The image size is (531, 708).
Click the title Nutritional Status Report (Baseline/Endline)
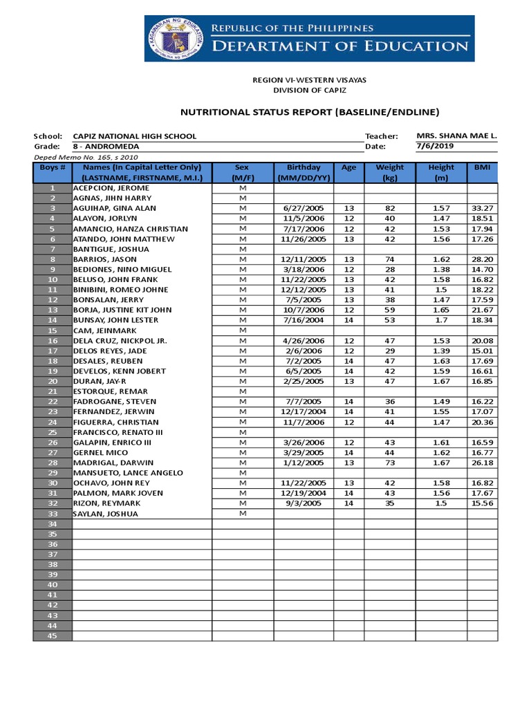click(x=309, y=112)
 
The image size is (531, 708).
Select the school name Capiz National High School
click(x=135, y=136)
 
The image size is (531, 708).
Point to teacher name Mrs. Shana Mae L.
click(x=457, y=136)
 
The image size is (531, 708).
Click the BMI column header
click(x=482, y=167)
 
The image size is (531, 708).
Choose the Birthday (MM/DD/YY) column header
click(x=304, y=172)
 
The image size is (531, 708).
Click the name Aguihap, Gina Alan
click(x=115, y=208)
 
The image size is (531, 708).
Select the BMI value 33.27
click(x=482, y=208)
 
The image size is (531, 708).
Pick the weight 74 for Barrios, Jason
click(x=389, y=259)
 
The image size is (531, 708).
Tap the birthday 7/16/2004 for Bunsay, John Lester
click(x=304, y=320)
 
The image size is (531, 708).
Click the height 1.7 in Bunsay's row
click(x=440, y=320)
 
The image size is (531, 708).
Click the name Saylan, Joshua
click(x=106, y=514)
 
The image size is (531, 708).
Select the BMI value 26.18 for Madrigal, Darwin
click(x=482, y=463)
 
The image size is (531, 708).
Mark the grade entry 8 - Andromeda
click(x=106, y=147)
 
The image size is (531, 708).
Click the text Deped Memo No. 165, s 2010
click(x=76, y=157)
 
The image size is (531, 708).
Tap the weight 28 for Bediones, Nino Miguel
click(x=389, y=269)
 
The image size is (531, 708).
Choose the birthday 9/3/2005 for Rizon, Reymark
click(x=304, y=503)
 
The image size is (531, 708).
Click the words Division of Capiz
click(x=309, y=90)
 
